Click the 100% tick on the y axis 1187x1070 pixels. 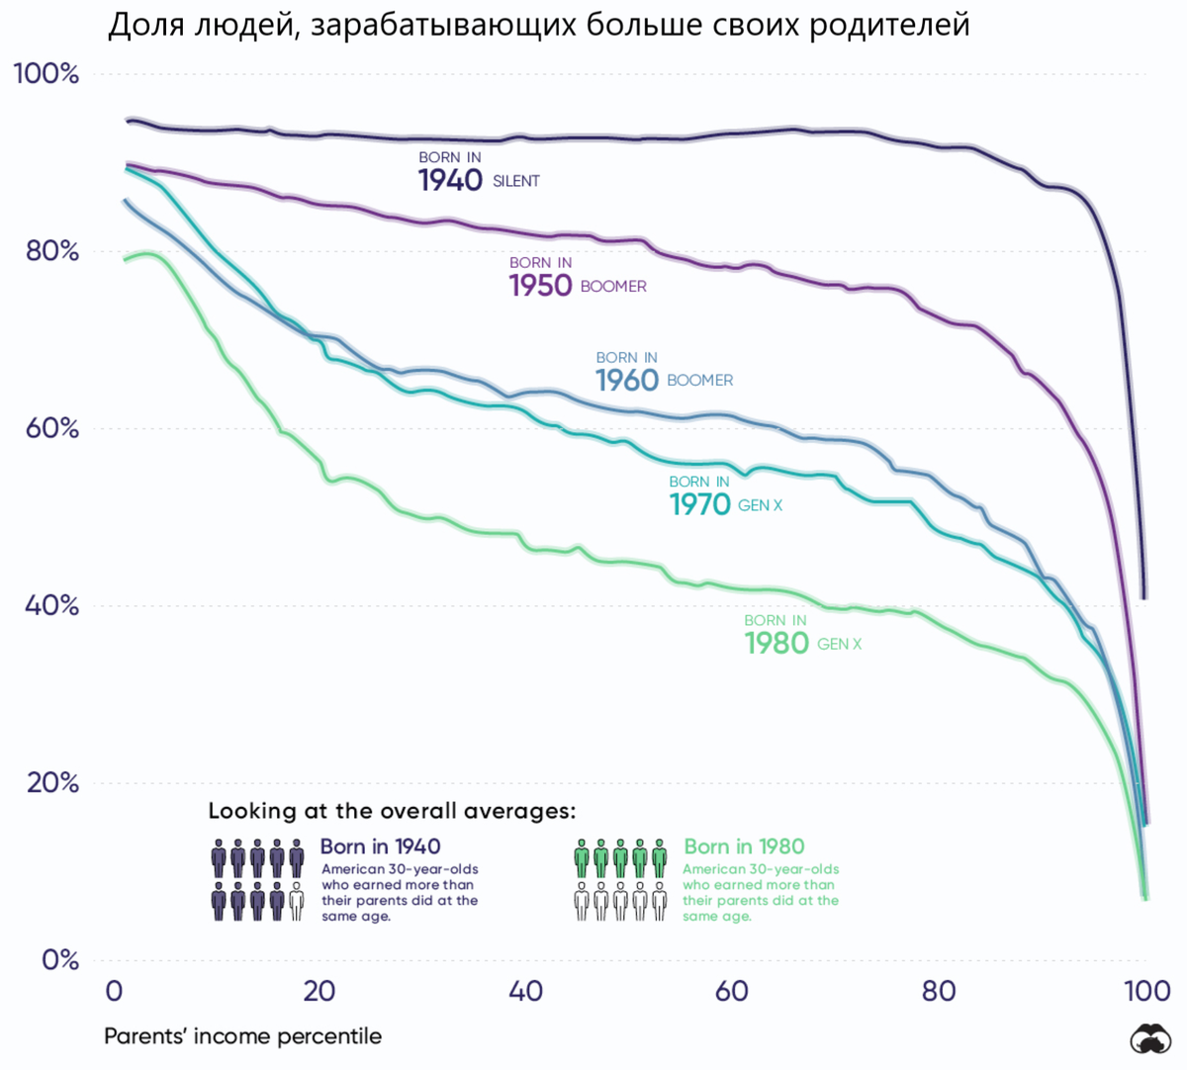pos(46,74)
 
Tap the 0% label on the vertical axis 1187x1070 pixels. pos(59,959)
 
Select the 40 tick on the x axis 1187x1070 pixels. pos(525,991)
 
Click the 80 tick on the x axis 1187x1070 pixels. pos(938,991)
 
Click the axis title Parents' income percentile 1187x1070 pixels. pos(242,1036)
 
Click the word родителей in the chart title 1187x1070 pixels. pos(889,25)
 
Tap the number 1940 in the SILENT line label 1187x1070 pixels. pos(450,180)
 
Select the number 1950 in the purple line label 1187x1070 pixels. pos(540,285)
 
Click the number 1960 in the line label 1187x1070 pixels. pos(626,380)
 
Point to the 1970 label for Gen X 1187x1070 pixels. pos(699,504)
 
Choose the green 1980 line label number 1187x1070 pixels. pos(776,644)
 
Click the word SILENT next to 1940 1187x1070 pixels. pos(516,181)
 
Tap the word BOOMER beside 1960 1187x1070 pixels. pos(699,381)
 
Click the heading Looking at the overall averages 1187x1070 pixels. pos(391,811)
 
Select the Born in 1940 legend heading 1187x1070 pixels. pos(380,847)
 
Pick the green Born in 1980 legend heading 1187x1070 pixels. pos(744,847)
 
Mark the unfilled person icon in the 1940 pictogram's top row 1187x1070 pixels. pos(297,858)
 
